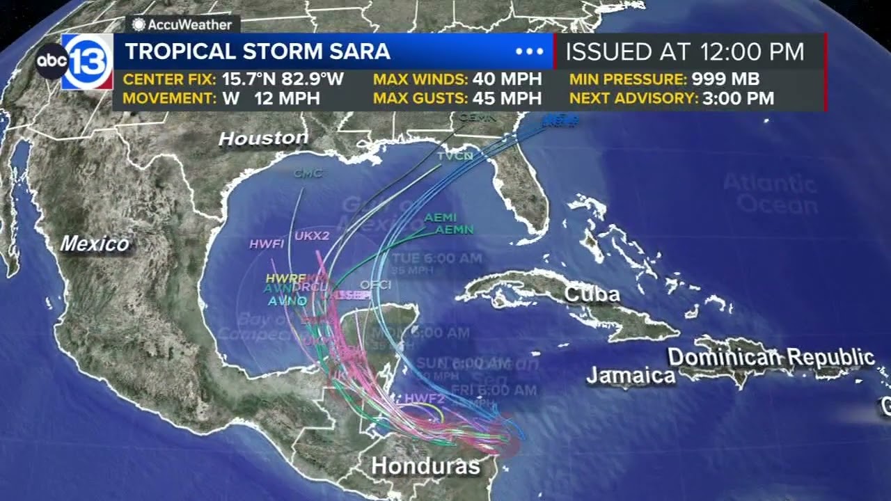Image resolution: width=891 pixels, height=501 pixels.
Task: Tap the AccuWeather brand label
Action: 182,24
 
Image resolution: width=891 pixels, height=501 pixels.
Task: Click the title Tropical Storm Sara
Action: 257,51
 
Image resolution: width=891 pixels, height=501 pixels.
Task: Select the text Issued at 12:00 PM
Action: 684,51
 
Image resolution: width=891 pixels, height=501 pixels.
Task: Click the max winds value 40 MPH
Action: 507,79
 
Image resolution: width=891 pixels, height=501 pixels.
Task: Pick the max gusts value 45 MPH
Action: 507,98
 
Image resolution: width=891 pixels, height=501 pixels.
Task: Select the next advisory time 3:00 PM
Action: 738,98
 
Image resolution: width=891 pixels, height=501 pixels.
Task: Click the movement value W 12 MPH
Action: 271,98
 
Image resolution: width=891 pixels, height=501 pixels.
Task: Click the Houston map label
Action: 263,138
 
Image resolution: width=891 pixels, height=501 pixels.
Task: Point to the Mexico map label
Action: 95,244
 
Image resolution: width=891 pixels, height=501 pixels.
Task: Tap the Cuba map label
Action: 592,294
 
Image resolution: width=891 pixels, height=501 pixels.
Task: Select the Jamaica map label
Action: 631,376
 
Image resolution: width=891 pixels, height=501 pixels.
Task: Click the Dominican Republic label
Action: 771,358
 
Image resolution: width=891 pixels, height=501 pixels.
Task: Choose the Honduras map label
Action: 425,466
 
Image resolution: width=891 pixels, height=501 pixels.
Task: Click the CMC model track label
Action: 308,173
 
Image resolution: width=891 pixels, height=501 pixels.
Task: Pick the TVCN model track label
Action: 455,157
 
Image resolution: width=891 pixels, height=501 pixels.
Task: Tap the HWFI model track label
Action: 267,244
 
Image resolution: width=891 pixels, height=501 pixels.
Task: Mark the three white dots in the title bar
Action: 529,51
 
